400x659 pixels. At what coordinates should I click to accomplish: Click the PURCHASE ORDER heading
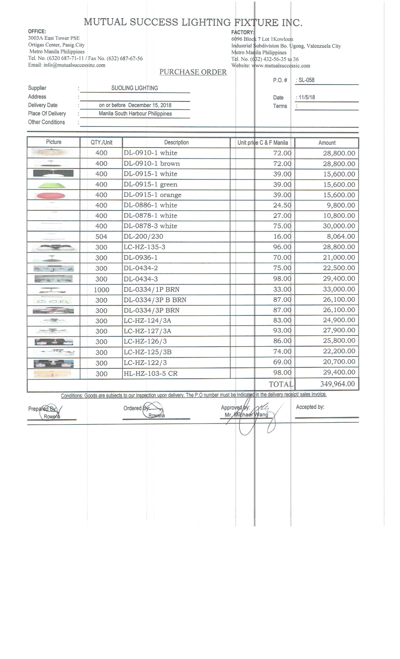point(193,72)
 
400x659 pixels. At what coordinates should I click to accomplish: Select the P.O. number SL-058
point(306,80)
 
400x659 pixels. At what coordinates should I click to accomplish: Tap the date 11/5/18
point(307,97)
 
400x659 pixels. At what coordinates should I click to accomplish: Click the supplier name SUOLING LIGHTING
point(135,88)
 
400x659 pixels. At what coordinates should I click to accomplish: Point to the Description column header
point(176,143)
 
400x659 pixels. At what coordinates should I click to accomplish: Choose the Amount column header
point(327,143)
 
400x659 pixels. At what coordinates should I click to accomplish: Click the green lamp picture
point(52,185)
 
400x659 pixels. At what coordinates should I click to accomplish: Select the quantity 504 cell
point(101,237)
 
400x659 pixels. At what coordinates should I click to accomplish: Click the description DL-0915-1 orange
point(152,195)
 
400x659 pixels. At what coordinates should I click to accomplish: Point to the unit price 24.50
point(282,205)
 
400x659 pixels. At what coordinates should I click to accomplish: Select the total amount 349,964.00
point(337,384)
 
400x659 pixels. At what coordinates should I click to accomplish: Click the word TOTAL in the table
point(281,384)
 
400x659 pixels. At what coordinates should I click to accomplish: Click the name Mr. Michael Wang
point(246,415)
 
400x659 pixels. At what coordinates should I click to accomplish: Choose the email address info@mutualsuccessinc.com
point(74,65)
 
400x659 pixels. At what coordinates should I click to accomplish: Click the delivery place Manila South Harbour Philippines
point(135,114)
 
